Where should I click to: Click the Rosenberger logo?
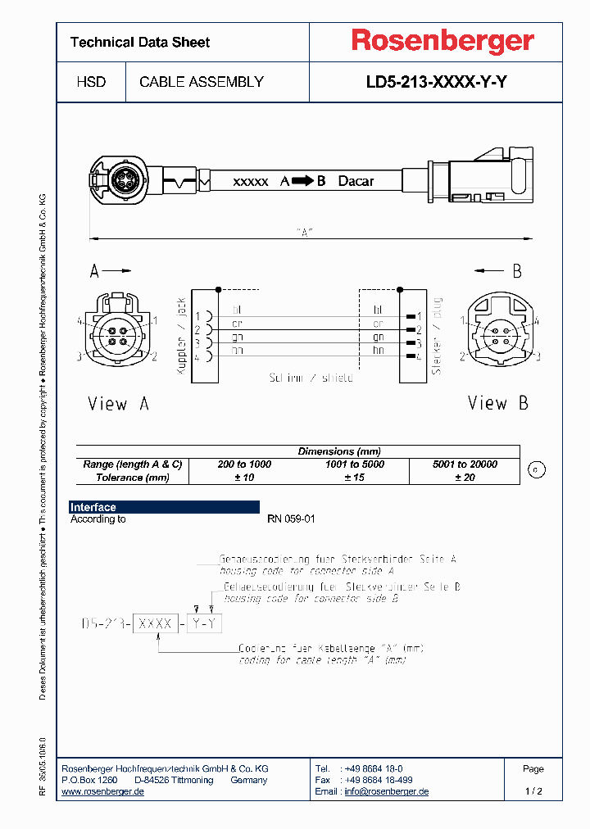click(442, 41)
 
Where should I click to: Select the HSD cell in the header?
click(91, 82)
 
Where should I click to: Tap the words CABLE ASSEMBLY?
click(202, 82)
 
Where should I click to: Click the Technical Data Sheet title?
click(140, 42)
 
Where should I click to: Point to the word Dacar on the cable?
click(356, 181)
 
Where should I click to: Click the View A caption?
click(119, 403)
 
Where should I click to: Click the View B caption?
click(498, 403)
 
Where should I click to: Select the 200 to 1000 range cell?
click(244, 464)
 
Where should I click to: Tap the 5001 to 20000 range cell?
click(465, 464)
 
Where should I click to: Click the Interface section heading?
click(93, 507)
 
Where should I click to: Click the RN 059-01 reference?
click(291, 519)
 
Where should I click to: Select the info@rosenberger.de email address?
click(386, 791)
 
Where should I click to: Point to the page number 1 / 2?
click(533, 791)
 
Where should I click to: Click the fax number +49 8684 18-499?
click(379, 780)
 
